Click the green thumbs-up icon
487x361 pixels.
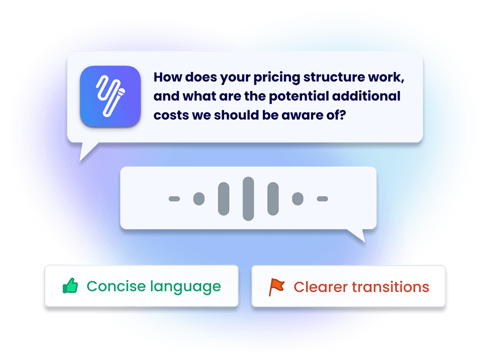70,286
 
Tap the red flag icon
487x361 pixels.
277,287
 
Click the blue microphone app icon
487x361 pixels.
110,96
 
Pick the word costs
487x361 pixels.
169,115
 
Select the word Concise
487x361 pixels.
112,286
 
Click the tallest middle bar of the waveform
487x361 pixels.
248,198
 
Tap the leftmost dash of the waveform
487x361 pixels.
174,198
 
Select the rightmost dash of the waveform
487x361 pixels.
322,198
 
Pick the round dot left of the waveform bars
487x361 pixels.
199,198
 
